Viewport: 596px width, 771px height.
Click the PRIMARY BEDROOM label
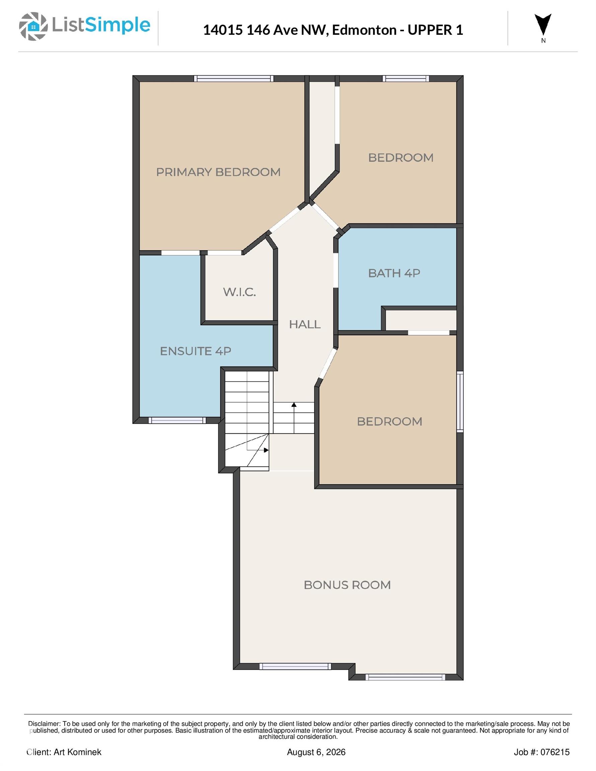pyautogui.click(x=218, y=172)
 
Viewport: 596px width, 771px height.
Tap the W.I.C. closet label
pyautogui.click(x=239, y=292)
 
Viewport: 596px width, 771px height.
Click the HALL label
pyautogui.click(x=305, y=324)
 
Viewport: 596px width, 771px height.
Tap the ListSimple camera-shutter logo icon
pyautogui.click(x=33, y=26)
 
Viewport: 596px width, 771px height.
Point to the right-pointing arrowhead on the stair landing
pyautogui.click(x=266, y=450)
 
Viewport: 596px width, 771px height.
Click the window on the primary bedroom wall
pyautogui.click(x=233, y=78)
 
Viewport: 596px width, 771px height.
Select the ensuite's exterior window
pyautogui.click(x=177, y=420)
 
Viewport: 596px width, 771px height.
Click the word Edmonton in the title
pyautogui.click(x=364, y=30)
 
